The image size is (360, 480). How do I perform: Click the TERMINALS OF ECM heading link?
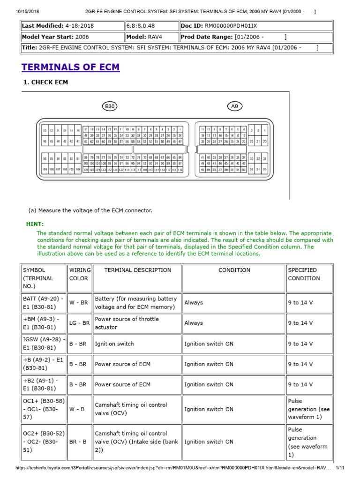point(70,67)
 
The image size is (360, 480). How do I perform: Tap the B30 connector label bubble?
point(110,107)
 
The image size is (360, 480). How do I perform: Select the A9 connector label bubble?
point(235,107)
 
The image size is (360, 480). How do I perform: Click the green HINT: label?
point(35,224)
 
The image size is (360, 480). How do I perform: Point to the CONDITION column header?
point(234,270)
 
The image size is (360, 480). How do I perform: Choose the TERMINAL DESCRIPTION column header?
point(137,270)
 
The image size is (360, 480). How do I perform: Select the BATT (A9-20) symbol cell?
point(44,302)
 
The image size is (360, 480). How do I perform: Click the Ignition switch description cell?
point(114,344)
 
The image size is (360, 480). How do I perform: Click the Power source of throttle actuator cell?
point(127,323)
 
